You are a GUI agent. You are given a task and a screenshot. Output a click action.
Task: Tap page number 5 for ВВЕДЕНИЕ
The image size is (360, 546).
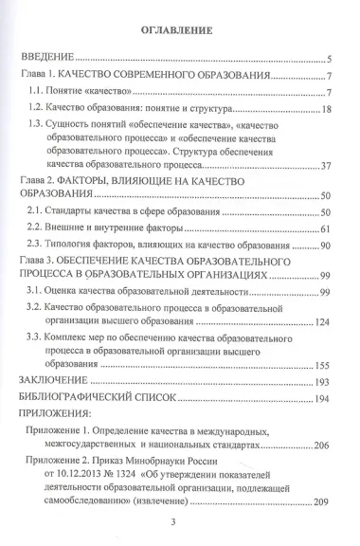[x=325, y=58]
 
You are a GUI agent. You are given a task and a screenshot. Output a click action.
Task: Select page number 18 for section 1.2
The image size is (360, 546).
[x=322, y=109]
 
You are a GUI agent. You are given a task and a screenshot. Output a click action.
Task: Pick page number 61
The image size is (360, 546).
[x=322, y=229]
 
